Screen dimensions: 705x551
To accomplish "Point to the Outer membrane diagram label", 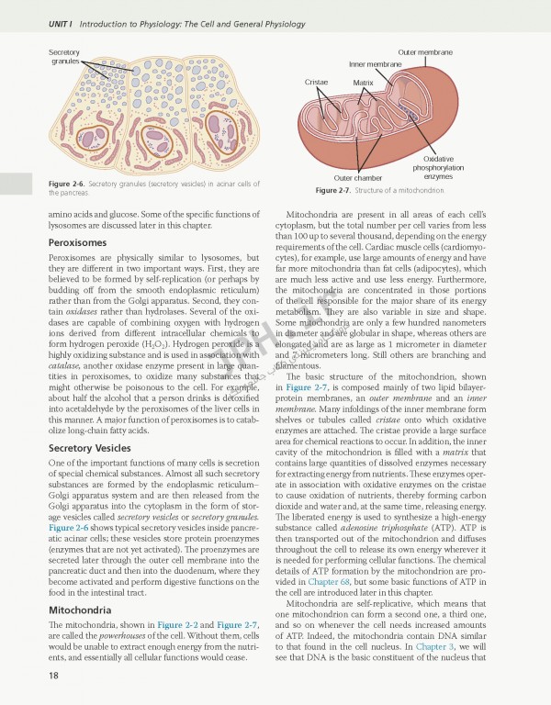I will (x=425, y=53).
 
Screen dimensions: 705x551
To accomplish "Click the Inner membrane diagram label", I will (x=376, y=65).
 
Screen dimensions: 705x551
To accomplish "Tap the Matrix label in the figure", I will (x=364, y=83).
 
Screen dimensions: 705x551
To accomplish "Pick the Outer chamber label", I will (x=358, y=178).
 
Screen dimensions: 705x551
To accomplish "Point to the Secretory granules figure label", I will (x=64, y=57).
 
